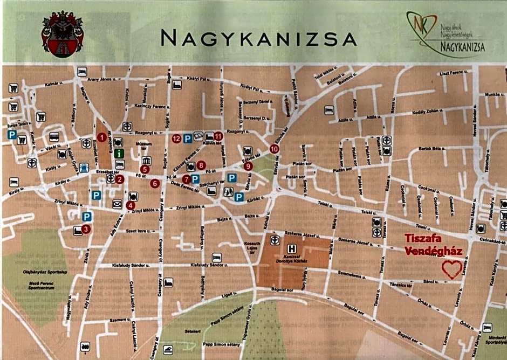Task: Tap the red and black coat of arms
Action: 62,36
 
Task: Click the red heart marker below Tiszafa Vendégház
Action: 451,269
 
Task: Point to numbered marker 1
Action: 101,137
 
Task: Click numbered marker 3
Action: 86,229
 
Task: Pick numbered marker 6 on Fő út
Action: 155,184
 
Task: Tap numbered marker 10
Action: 275,149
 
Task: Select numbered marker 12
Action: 176,139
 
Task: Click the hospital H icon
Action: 292,249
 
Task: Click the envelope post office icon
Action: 117,204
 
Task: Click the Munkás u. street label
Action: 492,94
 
